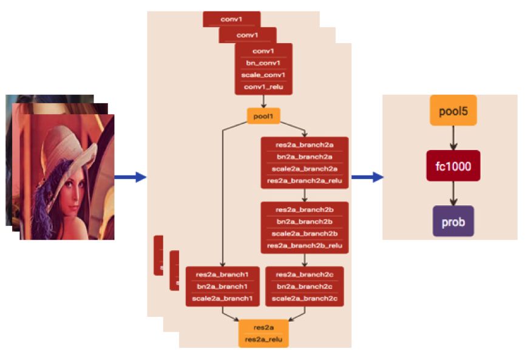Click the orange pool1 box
pyautogui.click(x=263, y=116)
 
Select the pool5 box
pyautogui.click(x=453, y=110)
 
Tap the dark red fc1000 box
pyautogui.click(x=453, y=166)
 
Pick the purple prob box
pyautogui.click(x=453, y=222)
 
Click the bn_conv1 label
pyautogui.click(x=263, y=63)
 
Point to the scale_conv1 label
pyautogui.click(x=263, y=75)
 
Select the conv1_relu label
pyautogui.click(x=263, y=87)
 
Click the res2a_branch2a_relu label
pyautogui.click(x=305, y=181)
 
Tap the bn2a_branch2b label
pyautogui.click(x=305, y=222)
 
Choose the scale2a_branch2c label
pyautogui.click(x=305, y=299)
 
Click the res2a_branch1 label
pyautogui.click(x=222, y=274)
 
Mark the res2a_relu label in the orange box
pyautogui.click(x=263, y=339)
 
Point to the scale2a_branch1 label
pyautogui.click(x=222, y=299)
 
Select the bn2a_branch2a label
pyautogui.click(x=305, y=157)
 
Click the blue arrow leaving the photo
pyautogui.click(x=130, y=177)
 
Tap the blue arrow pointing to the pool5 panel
pyautogui.click(x=367, y=177)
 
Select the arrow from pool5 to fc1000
pyautogui.click(x=453, y=138)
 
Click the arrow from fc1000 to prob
pyautogui.click(x=453, y=194)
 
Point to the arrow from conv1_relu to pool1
pyautogui.click(x=263, y=101)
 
